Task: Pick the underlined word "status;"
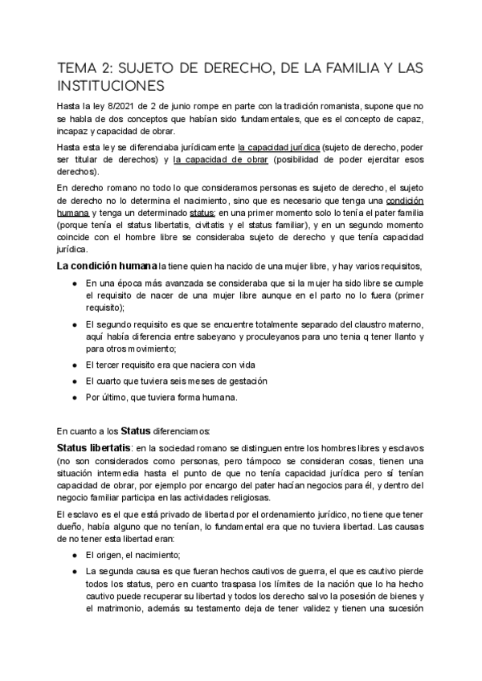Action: pyautogui.click(x=201, y=213)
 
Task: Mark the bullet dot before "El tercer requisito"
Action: pyautogui.click(x=75, y=364)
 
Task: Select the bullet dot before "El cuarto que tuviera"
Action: pyautogui.click(x=75, y=381)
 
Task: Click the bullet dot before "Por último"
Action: pyautogui.click(x=75, y=398)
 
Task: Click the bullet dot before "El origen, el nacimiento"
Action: pyautogui.click(x=75, y=556)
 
